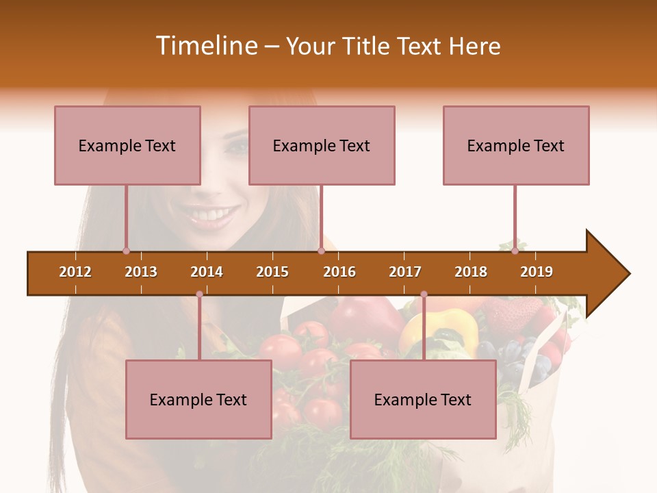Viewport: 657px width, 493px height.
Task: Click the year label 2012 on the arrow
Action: (x=75, y=272)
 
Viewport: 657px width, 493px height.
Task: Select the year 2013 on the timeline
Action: (x=141, y=272)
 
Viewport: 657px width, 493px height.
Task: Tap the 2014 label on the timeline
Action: (x=207, y=272)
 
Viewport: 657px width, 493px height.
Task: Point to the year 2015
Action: (x=272, y=272)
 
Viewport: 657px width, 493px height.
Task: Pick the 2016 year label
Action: (x=339, y=272)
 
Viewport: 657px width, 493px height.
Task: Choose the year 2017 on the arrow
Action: (x=405, y=272)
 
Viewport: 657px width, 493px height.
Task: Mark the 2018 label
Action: (x=471, y=272)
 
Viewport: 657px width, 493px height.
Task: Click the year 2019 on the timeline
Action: (x=537, y=272)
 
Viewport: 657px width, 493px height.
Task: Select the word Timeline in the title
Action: (x=206, y=46)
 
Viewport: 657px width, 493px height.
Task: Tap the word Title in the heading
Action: (x=367, y=46)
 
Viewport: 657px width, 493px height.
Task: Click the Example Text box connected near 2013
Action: (x=127, y=145)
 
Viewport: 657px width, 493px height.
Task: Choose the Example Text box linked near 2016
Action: (x=322, y=145)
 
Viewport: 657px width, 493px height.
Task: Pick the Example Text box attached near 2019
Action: (x=516, y=145)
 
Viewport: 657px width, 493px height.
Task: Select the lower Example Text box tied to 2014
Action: (x=198, y=399)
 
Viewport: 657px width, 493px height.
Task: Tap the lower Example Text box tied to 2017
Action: (x=423, y=399)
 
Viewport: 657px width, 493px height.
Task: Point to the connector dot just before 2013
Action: (x=126, y=251)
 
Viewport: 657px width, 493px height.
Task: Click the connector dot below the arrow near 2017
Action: (x=424, y=294)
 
